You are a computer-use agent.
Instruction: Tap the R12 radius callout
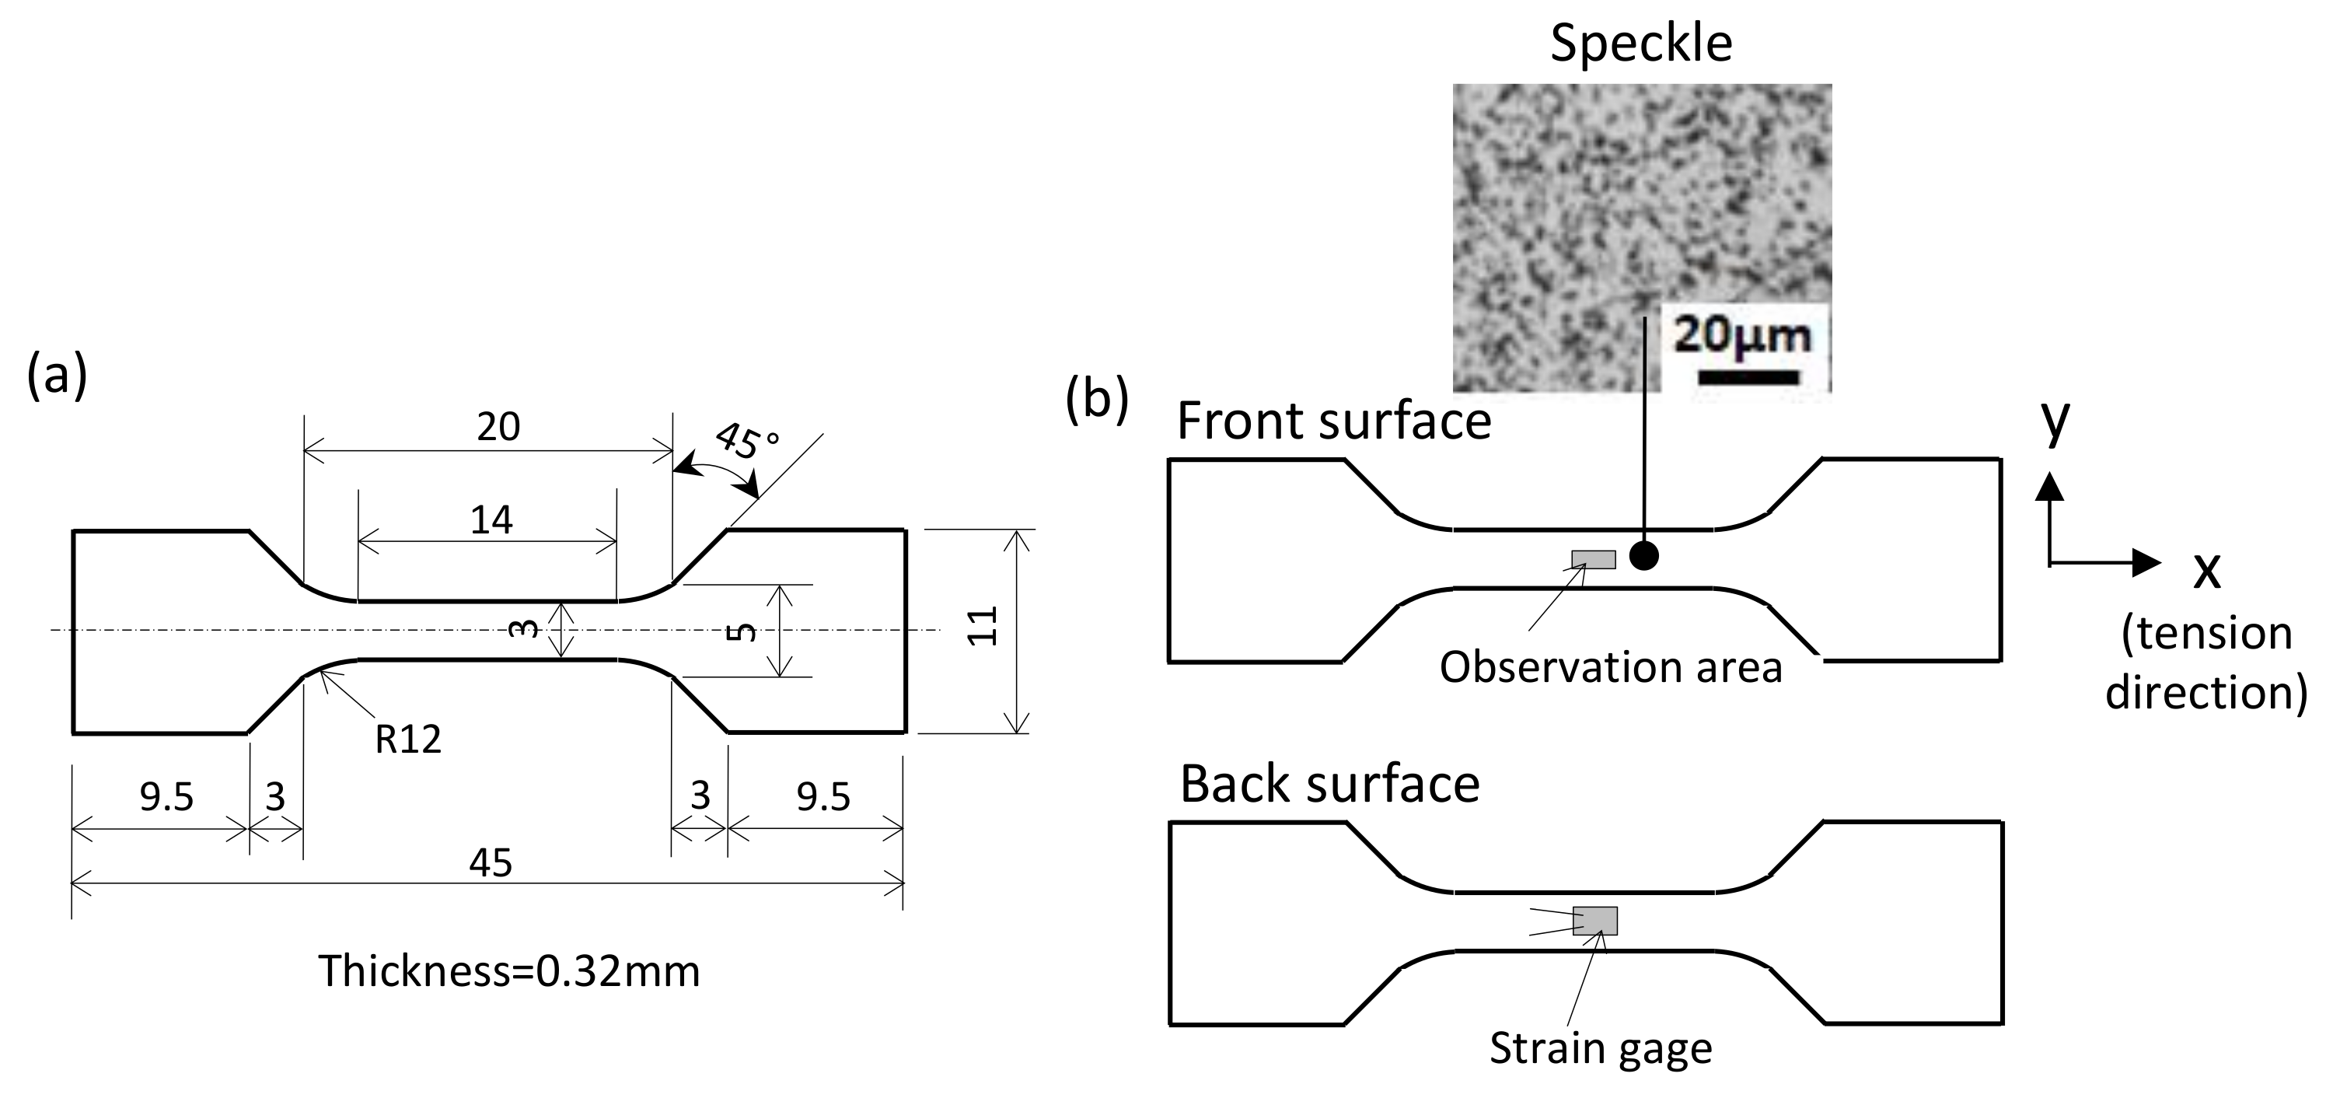pos(408,740)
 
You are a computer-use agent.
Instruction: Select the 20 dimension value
pos(498,426)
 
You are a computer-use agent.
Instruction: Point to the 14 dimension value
pos(491,520)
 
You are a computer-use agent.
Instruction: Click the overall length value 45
pos(491,863)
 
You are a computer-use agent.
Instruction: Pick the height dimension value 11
pos(983,626)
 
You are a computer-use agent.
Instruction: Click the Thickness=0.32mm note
pos(509,971)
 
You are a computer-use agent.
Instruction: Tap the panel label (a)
pos(57,375)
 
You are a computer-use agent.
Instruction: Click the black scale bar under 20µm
pos(1749,376)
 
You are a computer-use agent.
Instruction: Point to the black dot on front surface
pos(1644,556)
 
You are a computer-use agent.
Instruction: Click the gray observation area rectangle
pos(1594,560)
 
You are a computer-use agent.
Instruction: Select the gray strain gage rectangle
pos(1595,920)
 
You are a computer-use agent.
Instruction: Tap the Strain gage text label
pos(1601,1048)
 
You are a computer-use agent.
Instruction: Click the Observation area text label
pos(1611,667)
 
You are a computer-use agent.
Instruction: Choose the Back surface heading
pos(1330,784)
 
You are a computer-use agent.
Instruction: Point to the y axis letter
pos(2055,421)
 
